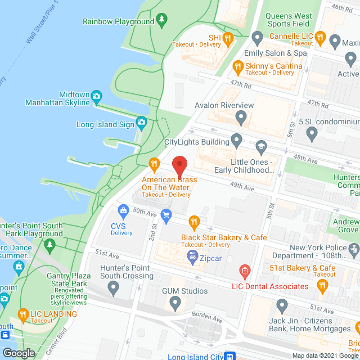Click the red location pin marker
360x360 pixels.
(x=179, y=164)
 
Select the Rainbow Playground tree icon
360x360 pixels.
(x=162, y=21)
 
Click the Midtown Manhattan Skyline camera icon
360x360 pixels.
(x=96, y=96)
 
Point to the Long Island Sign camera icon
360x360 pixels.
(x=141, y=121)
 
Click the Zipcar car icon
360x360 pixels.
(x=192, y=256)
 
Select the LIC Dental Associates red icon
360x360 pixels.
(x=244, y=272)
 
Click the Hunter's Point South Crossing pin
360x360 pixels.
(x=114, y=289)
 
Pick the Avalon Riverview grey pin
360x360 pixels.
(x=241, y=118)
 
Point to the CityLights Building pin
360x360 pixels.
(x=237, y=138)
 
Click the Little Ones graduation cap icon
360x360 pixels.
(x=260, y=147)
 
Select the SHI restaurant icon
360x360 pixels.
(x=228, y=38)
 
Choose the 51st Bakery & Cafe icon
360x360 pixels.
(x=322, y=287)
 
